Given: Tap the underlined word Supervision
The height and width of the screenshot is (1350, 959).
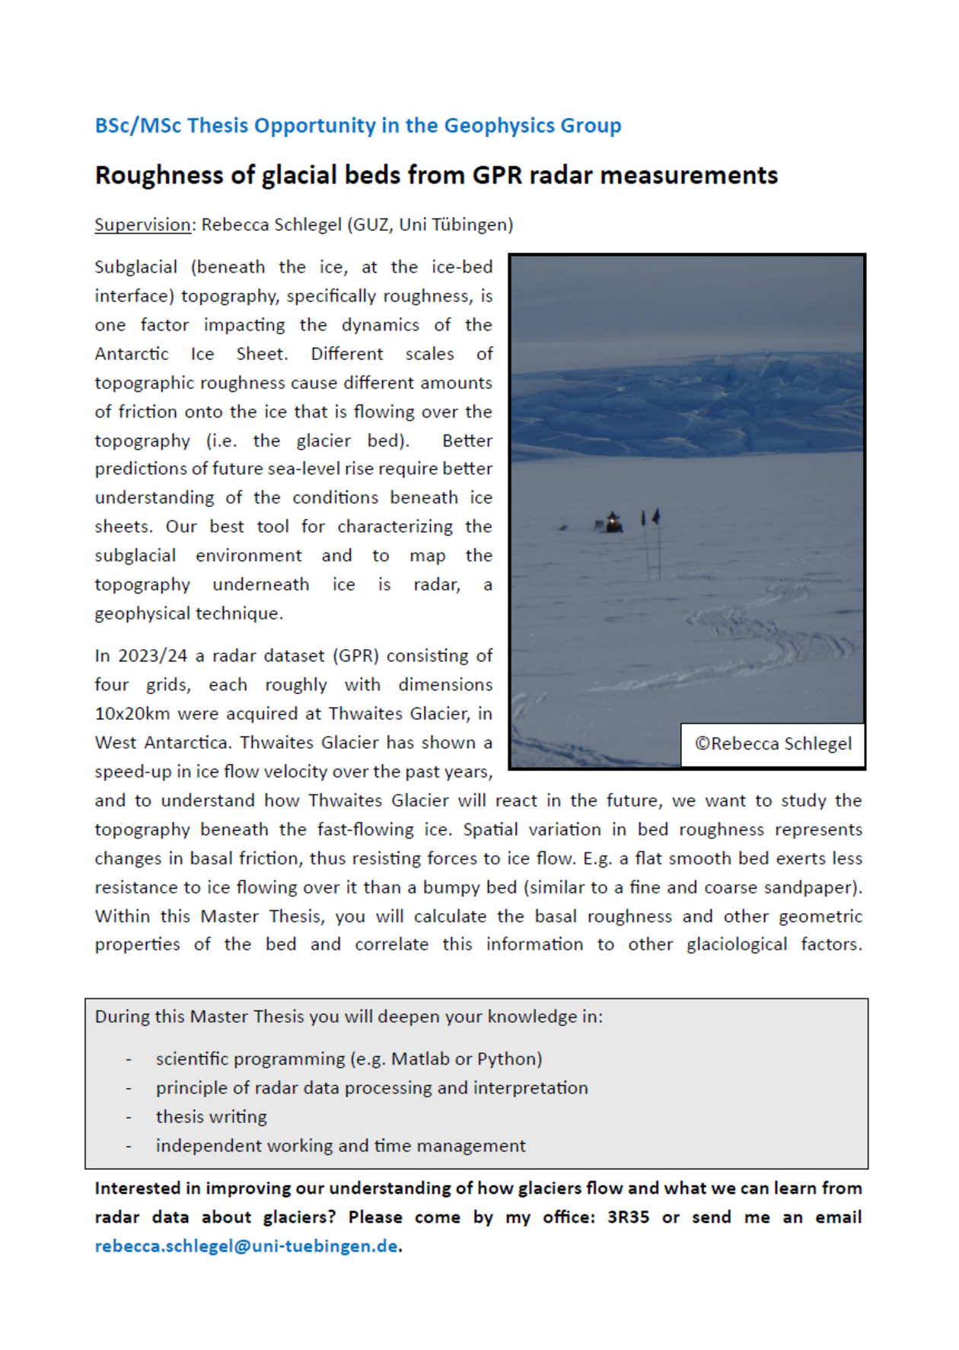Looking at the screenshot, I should [142, 225].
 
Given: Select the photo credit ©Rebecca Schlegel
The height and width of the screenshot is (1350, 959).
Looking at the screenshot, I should [773, 744].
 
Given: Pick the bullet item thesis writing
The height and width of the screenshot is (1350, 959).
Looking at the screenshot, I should [212, 1117].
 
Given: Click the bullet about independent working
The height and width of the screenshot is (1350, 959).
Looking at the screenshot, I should [340, 1146].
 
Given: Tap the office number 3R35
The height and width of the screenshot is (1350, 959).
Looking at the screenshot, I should [628, 1218].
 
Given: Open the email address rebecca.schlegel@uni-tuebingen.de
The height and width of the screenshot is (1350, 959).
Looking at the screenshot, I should [246, 1247].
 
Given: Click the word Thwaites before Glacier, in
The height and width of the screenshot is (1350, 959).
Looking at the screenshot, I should [360, 714].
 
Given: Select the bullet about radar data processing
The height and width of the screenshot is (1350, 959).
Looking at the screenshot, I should [371, 1088].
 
